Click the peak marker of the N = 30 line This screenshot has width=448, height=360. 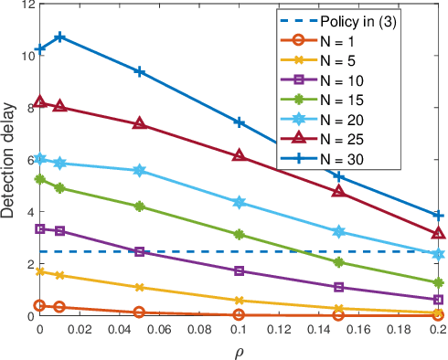point(59,37)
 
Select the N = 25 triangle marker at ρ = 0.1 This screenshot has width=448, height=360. point(239,156)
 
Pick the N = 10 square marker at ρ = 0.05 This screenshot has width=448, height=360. point(139,252)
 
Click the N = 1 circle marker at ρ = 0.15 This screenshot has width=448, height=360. point(338,315)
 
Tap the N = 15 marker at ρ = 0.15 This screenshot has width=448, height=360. point(338,262)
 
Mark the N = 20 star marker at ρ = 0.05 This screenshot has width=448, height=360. point(139,171)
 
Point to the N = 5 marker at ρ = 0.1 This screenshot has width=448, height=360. point(239,301)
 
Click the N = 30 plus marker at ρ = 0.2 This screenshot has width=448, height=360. point(438,216)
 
